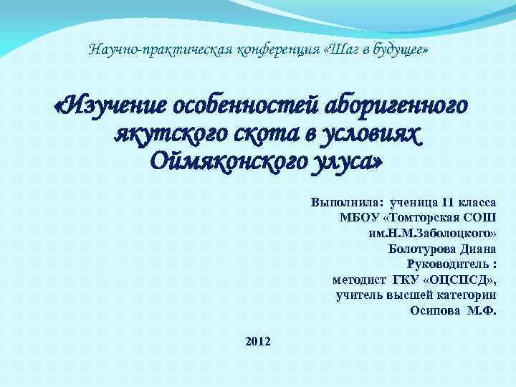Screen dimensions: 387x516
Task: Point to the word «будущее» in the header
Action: pyautogui.click(x=398, y=50)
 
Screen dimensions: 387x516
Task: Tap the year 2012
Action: pyautogui.click(x=258, y=342)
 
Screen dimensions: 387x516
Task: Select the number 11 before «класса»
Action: pyautogui.click(x=448, y=202)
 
